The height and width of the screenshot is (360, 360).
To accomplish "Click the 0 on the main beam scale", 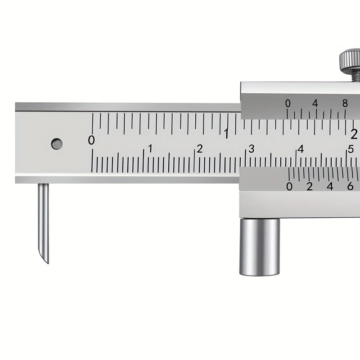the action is [x=91, y=140].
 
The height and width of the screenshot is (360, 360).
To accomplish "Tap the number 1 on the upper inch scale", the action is [x=227, y=134].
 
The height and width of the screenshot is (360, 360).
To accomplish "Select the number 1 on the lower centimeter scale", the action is [x=150, y=148].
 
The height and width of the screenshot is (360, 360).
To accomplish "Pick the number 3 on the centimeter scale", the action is [x=252, y=149].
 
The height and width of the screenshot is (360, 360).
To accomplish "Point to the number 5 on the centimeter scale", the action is [x=351, y=149].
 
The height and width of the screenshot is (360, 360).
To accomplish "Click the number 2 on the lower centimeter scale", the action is [x=200, y=149].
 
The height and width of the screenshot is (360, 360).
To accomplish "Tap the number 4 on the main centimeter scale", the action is [x=301, y=149].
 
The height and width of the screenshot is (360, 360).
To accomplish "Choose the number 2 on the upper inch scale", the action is [x=354, y=134].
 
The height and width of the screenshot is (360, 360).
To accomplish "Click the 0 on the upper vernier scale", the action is [x=288, y=103].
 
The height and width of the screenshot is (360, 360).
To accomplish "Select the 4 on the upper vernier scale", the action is [x=315, y=103].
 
